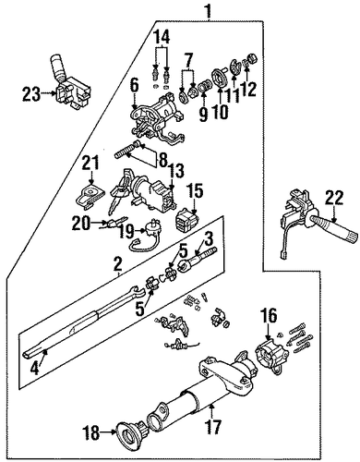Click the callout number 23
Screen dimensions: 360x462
[31, 94]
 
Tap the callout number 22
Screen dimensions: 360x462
[335, 199]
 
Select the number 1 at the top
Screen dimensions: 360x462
[209, 12]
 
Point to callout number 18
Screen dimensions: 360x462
[91, 433]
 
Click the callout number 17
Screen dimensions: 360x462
[213, 426]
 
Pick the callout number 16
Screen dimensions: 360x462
[270, 316]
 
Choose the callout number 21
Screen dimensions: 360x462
[90, 164]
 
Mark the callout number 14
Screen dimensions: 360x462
[162, 38]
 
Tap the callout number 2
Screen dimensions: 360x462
[117, 265]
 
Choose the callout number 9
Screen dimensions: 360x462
[203, 114]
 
